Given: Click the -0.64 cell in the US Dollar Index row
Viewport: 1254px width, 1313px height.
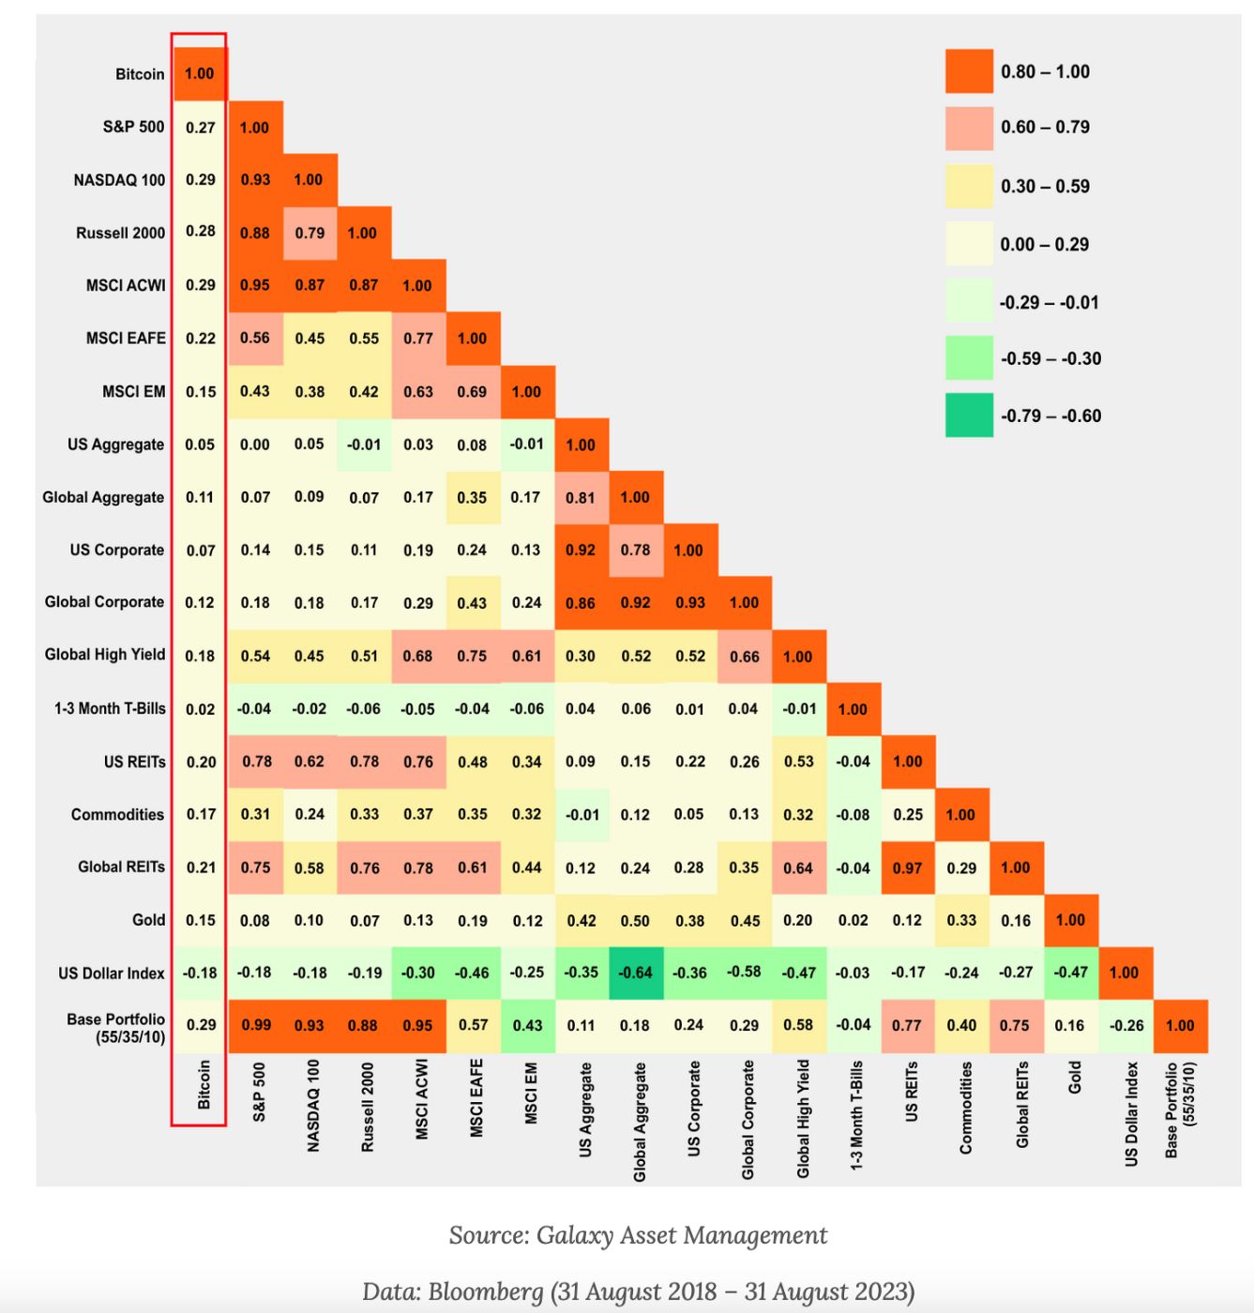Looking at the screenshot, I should click(635, 973).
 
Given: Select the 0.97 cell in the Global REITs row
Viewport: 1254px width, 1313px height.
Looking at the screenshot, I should click(907, 868).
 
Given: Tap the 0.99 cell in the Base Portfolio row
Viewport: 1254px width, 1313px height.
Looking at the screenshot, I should click(255, 1025).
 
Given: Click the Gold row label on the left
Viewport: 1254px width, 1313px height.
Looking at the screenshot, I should click(148, 920).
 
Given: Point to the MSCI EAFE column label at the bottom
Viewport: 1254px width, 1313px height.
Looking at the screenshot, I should click(476, 1098).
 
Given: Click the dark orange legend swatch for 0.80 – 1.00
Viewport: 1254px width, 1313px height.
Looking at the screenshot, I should click(969, 72).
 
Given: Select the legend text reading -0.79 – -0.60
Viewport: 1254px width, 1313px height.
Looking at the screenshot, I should click(1050, 415).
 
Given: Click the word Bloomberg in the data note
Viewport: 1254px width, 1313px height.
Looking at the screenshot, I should click(486, 1291).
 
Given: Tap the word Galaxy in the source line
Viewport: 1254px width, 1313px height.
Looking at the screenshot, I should click(571, 1235).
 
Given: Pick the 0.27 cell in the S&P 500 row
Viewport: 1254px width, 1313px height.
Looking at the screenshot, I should click(200, 128).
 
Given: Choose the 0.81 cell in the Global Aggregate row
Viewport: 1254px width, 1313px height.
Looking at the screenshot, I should click(581, 497).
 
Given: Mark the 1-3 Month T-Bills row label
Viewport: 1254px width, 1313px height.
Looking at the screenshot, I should click(110, 709).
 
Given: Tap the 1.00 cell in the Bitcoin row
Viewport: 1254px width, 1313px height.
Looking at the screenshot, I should click(199, 74).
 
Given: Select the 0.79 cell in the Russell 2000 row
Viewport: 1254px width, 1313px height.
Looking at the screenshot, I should click(310, 233).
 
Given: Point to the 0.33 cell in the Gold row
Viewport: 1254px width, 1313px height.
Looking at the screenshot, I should click(961, 920).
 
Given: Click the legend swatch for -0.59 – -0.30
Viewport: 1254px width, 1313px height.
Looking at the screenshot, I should click(969, 358).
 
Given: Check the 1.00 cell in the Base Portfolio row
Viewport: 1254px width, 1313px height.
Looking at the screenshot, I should click(1180, 1025).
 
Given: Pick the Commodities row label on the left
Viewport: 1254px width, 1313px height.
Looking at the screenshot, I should click(117, 814).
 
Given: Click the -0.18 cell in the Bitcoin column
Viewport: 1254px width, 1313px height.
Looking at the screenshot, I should click(200, 973).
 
